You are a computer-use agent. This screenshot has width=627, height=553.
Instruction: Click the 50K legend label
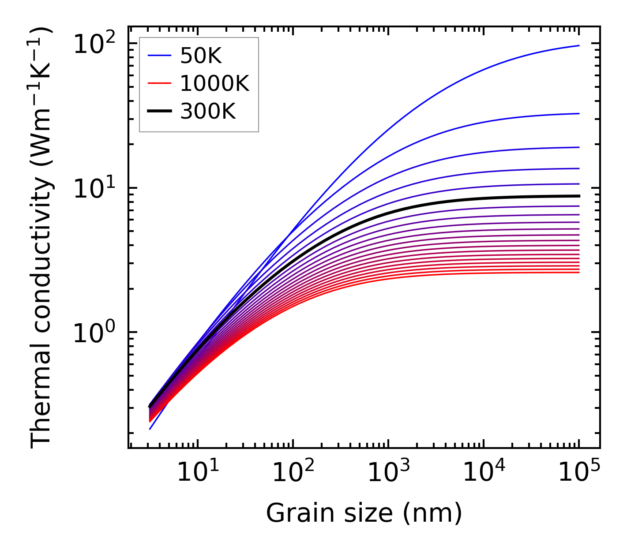(201, 56)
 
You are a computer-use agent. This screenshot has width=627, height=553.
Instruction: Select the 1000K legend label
(214, 84)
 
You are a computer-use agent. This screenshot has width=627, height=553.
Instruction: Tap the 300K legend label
(208, 112)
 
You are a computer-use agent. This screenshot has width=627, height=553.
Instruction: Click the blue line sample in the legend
(159, 56)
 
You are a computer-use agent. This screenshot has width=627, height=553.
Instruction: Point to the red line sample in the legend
(159, 84)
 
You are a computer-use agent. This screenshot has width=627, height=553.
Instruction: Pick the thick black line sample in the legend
(159, 112)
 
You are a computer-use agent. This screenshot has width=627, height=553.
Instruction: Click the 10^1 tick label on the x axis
(197, 473)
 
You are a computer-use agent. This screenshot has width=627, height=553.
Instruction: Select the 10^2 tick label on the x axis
(293, 473)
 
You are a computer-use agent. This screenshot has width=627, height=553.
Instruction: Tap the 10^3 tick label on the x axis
(388, 473)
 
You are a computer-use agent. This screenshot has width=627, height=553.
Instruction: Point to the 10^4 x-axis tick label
(483, 473)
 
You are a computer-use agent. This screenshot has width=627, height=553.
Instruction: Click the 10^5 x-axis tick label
(578, 473)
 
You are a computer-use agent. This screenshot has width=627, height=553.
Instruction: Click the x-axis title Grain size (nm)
(364, 513)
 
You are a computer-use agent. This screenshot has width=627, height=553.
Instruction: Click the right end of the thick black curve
(578, 196)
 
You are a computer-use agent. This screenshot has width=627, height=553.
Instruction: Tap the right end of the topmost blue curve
(578, 45)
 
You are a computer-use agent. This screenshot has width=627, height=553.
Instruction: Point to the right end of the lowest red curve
(578, 272)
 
